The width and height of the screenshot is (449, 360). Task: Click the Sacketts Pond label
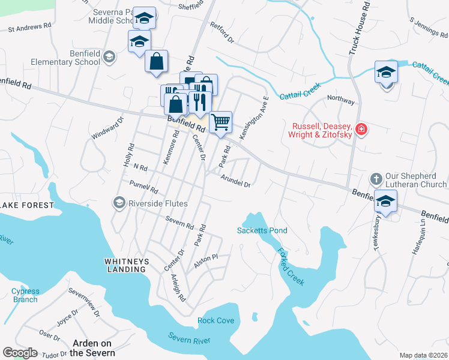tap(262, 230)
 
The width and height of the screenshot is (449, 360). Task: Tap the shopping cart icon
tap(221, 122)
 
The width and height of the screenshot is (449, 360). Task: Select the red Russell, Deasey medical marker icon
tap(361, 129)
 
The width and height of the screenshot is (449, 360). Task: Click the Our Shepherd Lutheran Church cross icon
tap(376, 179)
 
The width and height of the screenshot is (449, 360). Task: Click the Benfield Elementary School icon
tap(109, 57)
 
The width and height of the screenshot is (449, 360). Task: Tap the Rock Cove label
tap(215, 320)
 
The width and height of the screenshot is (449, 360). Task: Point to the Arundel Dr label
tap(235, 181)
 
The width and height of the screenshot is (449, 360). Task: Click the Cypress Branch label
tap(25, 295)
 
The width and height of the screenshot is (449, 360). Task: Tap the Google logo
tap(20, 352)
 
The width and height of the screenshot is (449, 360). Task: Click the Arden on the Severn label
tap(92, 348)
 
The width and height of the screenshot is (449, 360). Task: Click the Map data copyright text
tap(423, 355)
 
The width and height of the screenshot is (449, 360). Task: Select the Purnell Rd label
tap(143, 187)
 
